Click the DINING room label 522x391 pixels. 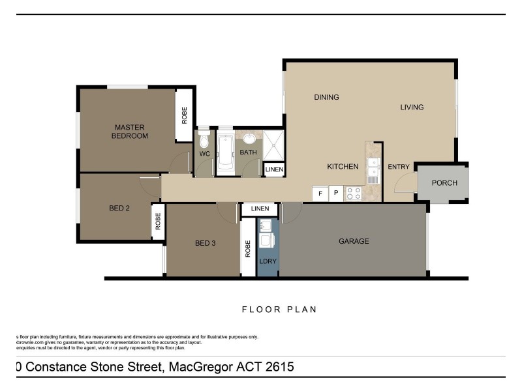[326, 98]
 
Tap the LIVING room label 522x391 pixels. [412, 108]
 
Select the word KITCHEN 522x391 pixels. [343, 167]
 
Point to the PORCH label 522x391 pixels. [444, 183]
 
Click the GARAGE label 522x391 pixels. [354, 241]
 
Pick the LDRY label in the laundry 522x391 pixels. [268, 261]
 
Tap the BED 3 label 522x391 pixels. [205, 244]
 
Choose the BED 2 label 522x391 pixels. [119, 209]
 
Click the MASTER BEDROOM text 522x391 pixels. [129, 132]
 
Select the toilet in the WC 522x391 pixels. [204, 140]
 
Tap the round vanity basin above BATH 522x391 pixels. [249, 139]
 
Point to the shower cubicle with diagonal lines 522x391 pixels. [274, 145]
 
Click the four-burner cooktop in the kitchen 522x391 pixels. [353, 194]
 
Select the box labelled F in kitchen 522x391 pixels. [320, 194]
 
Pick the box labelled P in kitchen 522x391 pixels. [336, 194]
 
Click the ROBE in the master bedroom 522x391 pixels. [184, 115]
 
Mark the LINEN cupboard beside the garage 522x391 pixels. [260, 209]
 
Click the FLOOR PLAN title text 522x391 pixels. [279, 310]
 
